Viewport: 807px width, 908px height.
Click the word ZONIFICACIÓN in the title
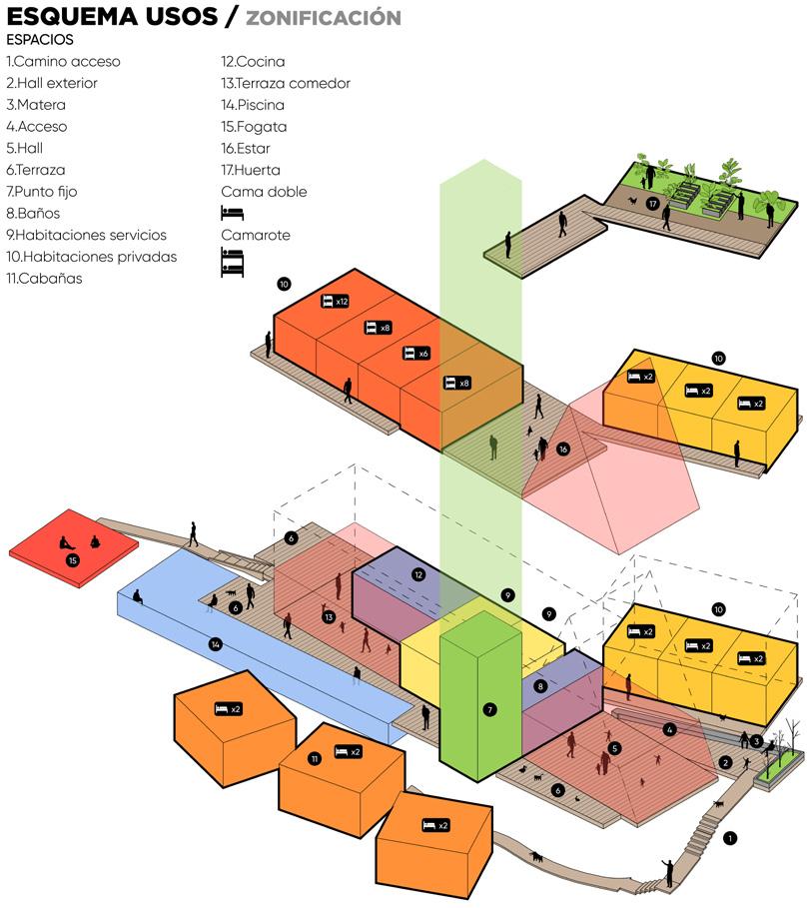324,18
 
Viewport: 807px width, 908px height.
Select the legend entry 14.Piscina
253,105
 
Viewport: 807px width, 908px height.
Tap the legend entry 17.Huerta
251,170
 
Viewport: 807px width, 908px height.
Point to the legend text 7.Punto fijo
41,192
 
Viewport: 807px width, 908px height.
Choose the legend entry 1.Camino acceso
63,62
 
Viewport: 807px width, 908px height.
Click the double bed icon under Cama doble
232,213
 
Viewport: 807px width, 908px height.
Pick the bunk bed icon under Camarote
232,262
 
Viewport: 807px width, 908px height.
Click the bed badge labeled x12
335,301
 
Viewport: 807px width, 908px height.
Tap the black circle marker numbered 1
730,838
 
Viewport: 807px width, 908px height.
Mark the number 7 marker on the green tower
489,710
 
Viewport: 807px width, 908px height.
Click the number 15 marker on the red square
73,561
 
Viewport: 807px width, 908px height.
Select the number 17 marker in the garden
652,204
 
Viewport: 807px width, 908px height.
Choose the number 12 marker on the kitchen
419,574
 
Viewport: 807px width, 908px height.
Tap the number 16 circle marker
563,450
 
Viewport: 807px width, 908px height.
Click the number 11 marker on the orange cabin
315,759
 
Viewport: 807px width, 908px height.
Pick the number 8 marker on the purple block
540,686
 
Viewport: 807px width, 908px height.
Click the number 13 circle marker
328,617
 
